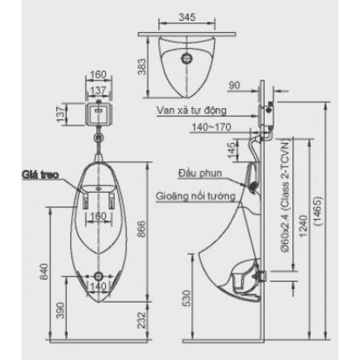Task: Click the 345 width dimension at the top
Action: coord(186,18)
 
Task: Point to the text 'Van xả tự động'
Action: coord(192,110)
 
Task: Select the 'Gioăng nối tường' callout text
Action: coord(196,197)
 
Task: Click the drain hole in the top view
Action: coord(186,58)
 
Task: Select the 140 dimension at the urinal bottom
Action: coord(99,286)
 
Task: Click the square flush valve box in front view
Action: coord(99,113)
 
